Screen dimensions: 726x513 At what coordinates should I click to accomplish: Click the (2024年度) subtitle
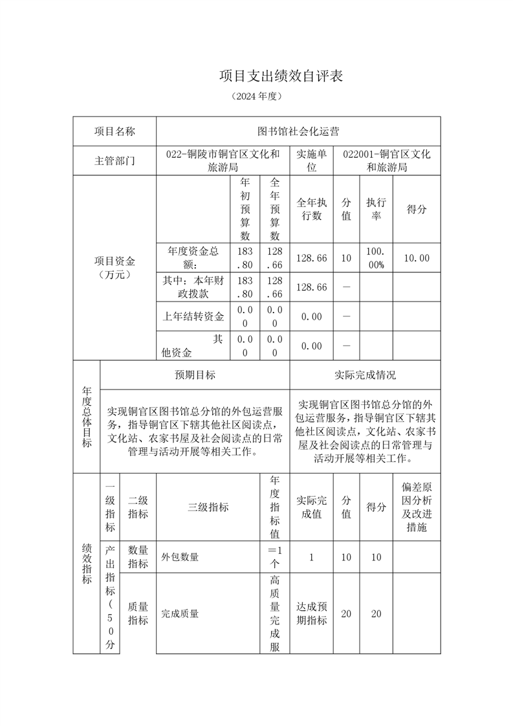pos(256,96)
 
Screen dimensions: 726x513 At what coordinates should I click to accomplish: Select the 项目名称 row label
pos(115,131)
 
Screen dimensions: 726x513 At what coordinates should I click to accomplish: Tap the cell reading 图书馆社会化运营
pos(298,131)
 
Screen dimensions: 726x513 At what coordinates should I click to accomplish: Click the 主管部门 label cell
pos(115,161)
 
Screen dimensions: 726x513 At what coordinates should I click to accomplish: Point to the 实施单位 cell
pos(312,160)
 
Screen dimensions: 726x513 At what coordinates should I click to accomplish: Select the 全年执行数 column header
pos(312,209)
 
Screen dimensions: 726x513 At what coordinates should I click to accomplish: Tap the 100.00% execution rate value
pos(376,258)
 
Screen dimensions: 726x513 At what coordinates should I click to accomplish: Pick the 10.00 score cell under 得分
pos(416,258)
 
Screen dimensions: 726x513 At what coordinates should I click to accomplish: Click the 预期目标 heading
pos(195,375)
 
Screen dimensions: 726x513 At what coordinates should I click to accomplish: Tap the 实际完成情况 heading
pos(365,375)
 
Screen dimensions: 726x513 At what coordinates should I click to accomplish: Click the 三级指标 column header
pos(208,507)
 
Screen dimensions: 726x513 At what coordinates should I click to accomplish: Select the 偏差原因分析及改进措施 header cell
pos(416,507)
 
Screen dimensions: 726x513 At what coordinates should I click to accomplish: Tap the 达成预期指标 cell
pos(312,613)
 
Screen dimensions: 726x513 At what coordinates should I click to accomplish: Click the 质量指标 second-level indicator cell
pos(138,613)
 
